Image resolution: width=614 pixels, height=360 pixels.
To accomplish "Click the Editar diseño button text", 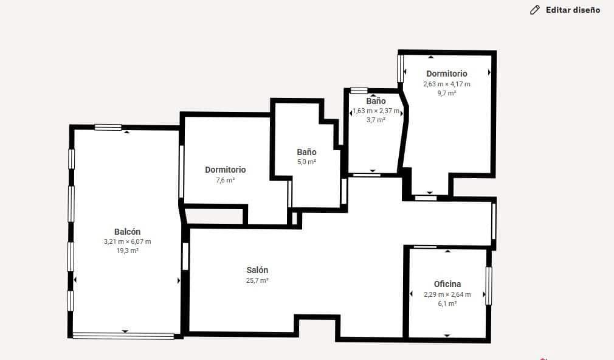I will click(573, 10).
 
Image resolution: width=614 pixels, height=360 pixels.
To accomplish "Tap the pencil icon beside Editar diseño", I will click(535, 10).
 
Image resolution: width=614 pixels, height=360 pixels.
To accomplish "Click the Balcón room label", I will click(127, 232).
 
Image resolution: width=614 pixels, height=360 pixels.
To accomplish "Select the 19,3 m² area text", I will click(127, 251).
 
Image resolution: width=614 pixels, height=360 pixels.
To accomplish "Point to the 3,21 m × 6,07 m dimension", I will click(127, 241).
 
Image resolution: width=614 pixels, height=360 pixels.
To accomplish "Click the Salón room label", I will click(257, 270).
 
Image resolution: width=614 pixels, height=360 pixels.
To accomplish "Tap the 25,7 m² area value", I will click(257, 280).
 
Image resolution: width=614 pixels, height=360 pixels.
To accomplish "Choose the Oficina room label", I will click(447, 284).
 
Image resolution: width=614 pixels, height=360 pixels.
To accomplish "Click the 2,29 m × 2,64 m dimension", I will click(447, 294).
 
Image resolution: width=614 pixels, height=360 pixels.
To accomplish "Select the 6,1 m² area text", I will click(447, 303).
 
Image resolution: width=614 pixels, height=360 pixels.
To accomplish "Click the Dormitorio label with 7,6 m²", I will click(225, 170).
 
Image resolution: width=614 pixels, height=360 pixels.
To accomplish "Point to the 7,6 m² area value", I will click(225, 180).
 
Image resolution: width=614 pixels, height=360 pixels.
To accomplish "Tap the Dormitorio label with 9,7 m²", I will click(446, 74).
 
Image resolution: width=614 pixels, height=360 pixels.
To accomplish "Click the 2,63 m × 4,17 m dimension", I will click(446, 84).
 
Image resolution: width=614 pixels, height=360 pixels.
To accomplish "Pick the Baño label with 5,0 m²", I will click(306, 152).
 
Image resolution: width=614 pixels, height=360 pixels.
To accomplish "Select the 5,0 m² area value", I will click(306, 162).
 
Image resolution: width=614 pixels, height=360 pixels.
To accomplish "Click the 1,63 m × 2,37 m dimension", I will click(376, 111).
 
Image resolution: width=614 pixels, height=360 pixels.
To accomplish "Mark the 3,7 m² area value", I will click(376, 120).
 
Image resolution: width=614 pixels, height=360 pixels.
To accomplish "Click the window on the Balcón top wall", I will click(108, 127).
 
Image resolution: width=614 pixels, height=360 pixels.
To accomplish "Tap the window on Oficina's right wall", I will click(488, 286).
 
